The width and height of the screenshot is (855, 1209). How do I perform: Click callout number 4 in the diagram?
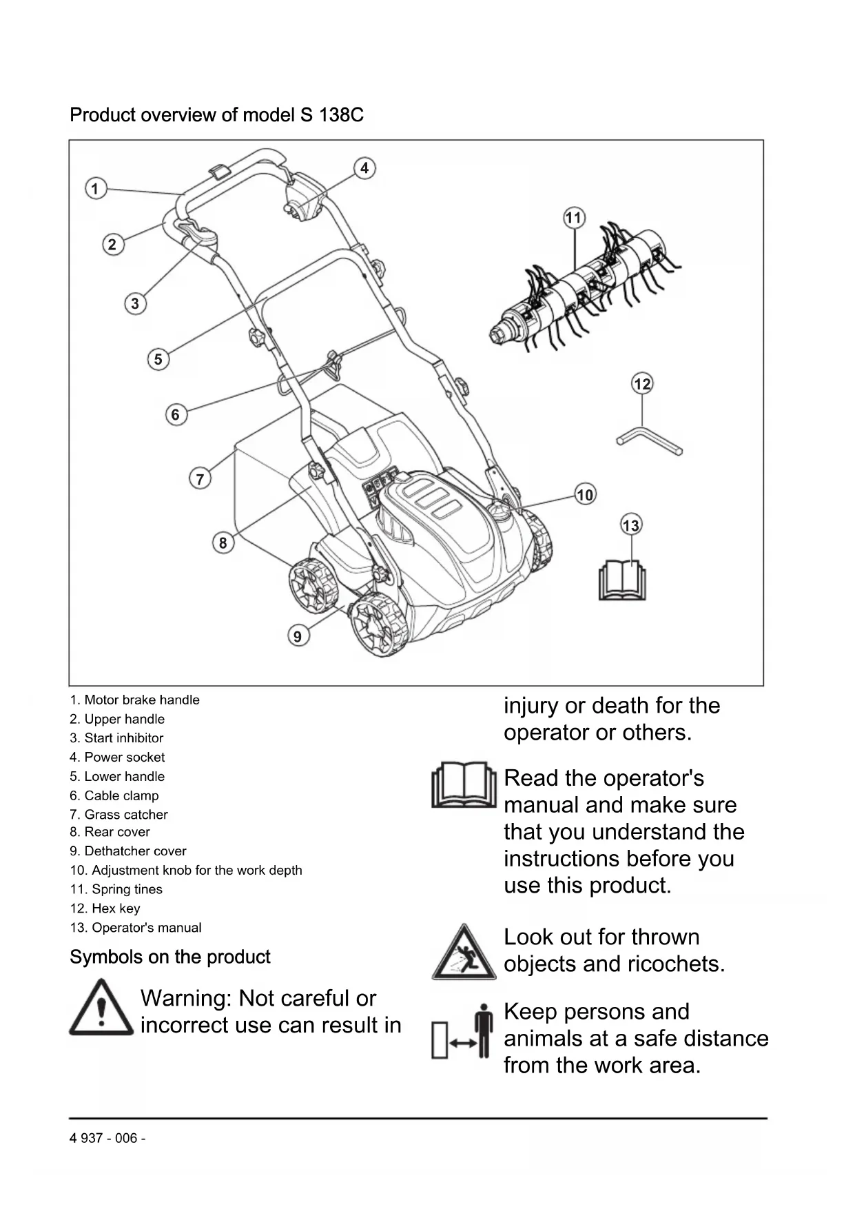pyautogui.click(x=364, y=168)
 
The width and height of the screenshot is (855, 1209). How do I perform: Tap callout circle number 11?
pyautogui.click(x=574, y=219)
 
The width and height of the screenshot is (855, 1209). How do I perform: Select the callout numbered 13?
pyautogui.click(x=630, y=526)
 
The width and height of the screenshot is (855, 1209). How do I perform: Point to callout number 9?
pyautogui.click(x=298, y=636)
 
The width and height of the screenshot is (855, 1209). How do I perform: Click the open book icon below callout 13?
pyautogui.click(x=622, y=580)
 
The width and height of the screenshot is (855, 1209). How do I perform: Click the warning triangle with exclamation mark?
pyautogui.click(x=101, y=1008)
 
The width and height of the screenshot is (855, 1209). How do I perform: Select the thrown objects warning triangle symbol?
pyautogui.click(x=463, y=953)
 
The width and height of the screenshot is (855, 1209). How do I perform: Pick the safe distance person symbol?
pyautogui.click(x=463, y=1033)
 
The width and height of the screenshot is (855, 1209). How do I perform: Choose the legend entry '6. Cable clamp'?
pyautogui.click(x=114, y=795)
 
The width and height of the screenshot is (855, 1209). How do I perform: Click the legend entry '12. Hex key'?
pyautogui.click(x=105, y=908)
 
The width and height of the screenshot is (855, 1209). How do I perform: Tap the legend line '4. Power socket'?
pyautogui.click(x=117, y=757)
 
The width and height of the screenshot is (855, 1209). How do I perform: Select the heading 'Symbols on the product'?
pyautogui.click(x=169, y=957)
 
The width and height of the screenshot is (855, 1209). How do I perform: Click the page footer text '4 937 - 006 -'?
pyautogui.click(x=107, y=1138)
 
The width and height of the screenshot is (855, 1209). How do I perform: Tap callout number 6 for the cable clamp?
pyautogui.click(x=176, y=414)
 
